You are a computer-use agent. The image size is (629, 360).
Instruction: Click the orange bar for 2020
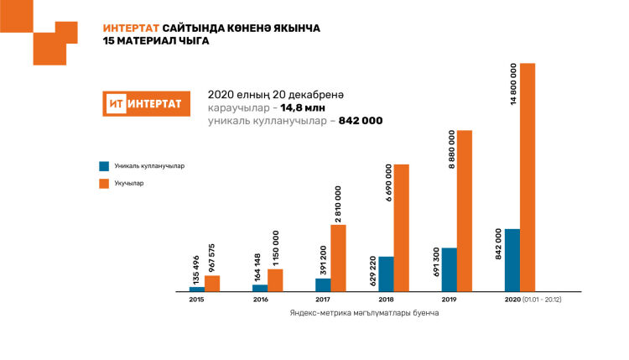(528, 177)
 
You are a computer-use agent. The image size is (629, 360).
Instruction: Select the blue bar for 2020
(512, 260)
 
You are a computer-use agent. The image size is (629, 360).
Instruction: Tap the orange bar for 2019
(465, 211)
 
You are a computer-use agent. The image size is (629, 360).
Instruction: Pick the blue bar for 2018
(386, 274)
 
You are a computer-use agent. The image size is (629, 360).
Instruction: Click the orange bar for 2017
(338, 258)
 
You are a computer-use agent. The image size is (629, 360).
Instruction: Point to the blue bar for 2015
(196, 289)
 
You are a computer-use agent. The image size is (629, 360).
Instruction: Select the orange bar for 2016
(275, 280)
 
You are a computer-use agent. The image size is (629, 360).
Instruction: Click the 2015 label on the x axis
(196, 299)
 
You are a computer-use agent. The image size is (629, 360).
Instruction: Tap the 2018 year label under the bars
(386, 299)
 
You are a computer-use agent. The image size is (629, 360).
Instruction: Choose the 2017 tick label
(323, 299)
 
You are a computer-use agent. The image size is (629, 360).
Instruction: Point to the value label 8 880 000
(453, 151)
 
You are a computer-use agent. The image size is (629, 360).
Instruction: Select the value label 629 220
(374, 233)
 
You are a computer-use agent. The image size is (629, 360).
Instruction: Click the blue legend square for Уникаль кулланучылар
(104, 166)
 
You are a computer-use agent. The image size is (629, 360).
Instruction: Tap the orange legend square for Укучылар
(104, 183)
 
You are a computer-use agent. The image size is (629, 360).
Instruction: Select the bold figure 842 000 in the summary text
(361, 121)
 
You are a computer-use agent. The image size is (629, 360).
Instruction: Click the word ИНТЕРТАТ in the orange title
(131, 28)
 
